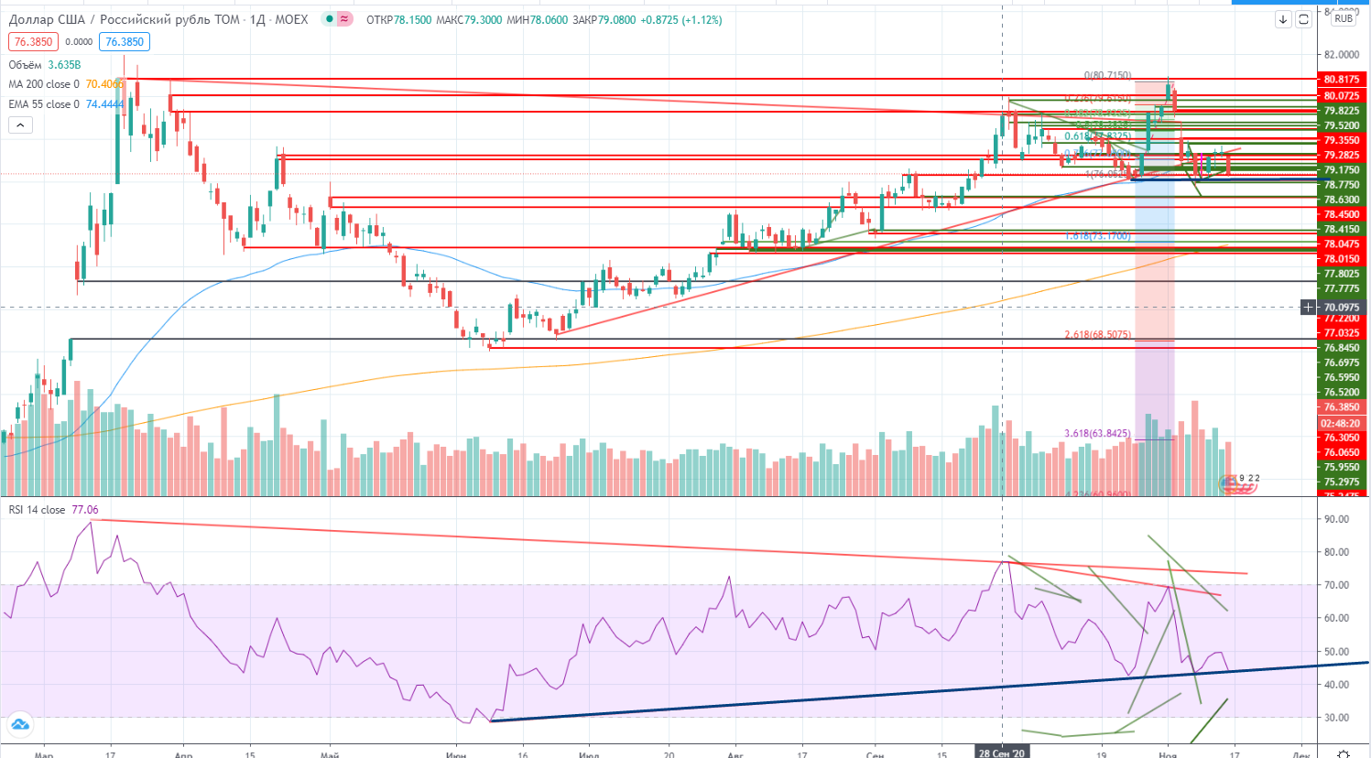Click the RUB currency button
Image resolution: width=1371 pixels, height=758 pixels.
click(x=1344, y=18)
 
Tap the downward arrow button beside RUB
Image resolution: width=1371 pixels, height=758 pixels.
click(x=1283, y=19)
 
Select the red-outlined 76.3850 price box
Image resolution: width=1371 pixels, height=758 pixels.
click(x=34, y=41)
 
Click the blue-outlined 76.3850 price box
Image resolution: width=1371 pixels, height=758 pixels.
click(x=125, y=41)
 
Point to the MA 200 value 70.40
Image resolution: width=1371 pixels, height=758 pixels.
click(x=103, y=84)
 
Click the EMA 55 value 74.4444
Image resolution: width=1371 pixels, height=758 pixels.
click(x=104, y=104)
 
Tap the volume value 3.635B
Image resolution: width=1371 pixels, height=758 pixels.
click(x=64, y=65)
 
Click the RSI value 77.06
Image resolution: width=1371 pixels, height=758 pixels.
click(x=84, y=510)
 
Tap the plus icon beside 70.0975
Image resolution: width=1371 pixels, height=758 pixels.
click(x=1308, y=308)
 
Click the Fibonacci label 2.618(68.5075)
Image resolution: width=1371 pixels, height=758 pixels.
click(x=1097, y=334)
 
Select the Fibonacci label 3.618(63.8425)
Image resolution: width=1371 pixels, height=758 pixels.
click(x=1097, y=433)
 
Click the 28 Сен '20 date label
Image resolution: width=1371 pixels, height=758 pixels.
click(x=1002, y=753)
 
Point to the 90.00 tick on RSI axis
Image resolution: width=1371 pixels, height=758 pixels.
click(x=1336, y=519)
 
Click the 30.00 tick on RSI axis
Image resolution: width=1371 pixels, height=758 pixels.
click(x=1336, y=718)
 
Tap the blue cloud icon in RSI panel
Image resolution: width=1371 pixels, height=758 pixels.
click(x=19, y=725)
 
